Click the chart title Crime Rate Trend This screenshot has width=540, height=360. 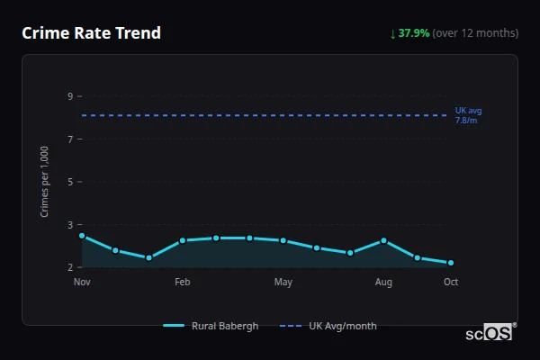[91, 33]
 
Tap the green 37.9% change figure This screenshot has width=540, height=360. [414, 33]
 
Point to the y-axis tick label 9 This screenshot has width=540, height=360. [69, 96]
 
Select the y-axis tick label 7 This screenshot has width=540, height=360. [69, 139]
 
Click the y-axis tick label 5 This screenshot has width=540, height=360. [69, 182]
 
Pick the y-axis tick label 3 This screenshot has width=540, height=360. [69, 224]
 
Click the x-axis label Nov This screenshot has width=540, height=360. [82, 283]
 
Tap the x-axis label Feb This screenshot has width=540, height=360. [182, 283]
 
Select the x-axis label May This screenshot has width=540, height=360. [283, 283]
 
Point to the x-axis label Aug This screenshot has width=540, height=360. [383, 283]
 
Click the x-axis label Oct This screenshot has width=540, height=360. [451, 283]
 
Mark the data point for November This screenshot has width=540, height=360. [82, 236]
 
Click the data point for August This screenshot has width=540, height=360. [383, 240]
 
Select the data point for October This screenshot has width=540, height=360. [451, 263]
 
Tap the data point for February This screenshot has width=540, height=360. [182, 240]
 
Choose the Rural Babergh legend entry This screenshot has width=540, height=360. [211, 326]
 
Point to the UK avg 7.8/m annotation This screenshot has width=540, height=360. [468, 115]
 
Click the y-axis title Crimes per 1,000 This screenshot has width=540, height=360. [45, 182]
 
